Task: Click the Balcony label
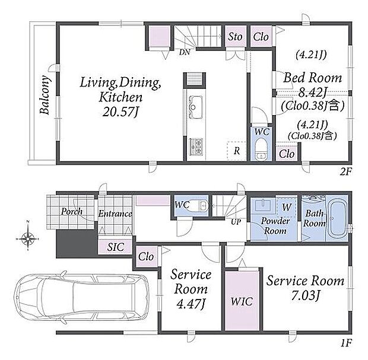point(45,95)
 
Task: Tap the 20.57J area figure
point(120,111)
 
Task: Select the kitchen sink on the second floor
point(195,107)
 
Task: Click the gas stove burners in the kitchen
point(196,147)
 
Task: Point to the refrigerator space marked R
point(237,151)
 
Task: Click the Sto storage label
point(235,37)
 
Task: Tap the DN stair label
point(185,52)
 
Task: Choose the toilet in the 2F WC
point(260,149)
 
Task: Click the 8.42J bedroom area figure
point(312,93)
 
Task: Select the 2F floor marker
point(345,172)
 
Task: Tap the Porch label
point(72,212)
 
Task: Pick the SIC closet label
point(116,247)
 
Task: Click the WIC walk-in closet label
point(242,302)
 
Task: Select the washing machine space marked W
point(287,207)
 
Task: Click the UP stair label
point(236,222)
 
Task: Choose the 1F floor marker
point(346,343)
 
